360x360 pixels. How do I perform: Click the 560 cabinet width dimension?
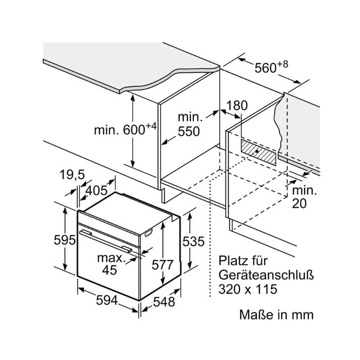point(265,68)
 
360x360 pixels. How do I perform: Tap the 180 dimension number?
point(237,106)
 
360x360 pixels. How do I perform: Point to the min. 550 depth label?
point(189,125)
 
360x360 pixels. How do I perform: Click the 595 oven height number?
point(64,240)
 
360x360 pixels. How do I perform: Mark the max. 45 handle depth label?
point(110,264)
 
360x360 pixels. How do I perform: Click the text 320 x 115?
point(248,288)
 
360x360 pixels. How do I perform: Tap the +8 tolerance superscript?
point(282,64)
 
